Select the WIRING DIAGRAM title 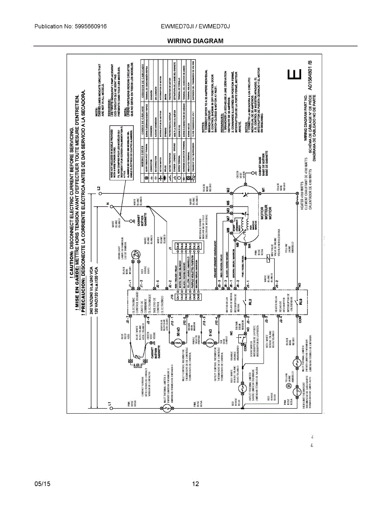click(195, 41)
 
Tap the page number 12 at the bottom click(195, 484)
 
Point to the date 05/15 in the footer click(43, 484)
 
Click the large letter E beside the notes click(294, 75)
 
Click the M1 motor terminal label click(263, 190)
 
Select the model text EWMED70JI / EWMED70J click(195, 27)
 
